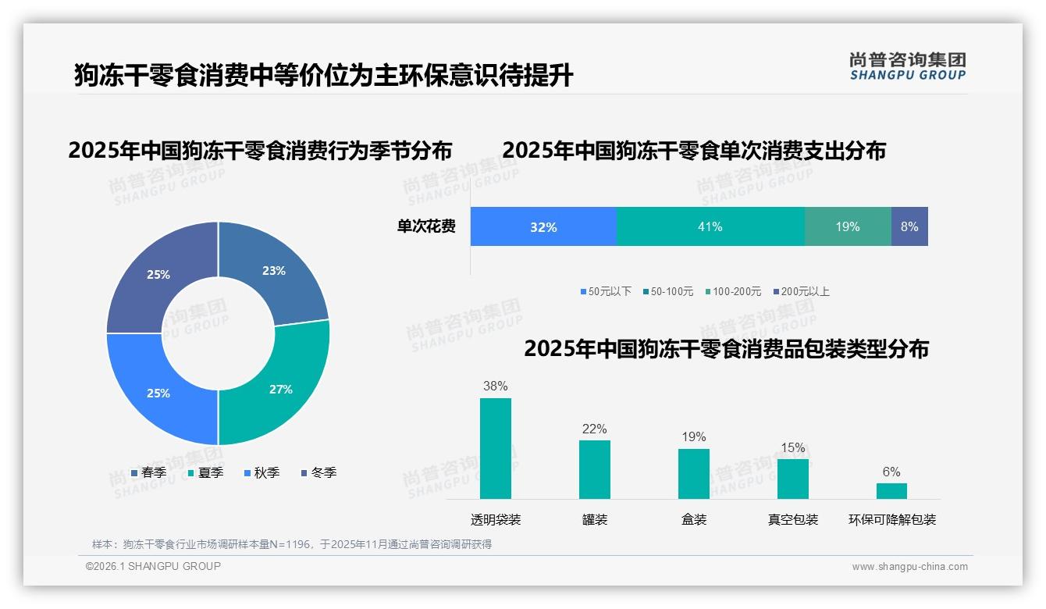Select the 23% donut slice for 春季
tap(277, 273)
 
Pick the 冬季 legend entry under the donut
tap(318, 472)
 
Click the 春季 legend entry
tap(148, 472)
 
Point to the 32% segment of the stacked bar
tap(543, 226)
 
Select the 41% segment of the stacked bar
tap(710, 226)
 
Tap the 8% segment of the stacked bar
tap(909, 226)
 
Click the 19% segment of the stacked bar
tap(848, 226)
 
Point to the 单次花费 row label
tap(426, 226)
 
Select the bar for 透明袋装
tap(496, 448)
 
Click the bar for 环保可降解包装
tap(891, 490)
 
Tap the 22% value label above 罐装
tap(594, 429)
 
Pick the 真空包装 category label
tap(793, 519)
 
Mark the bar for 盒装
tap(694, 473)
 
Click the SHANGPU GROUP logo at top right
tap(908, 66)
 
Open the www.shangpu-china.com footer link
tap(909, 566)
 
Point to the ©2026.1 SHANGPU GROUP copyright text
tap(153, 566)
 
